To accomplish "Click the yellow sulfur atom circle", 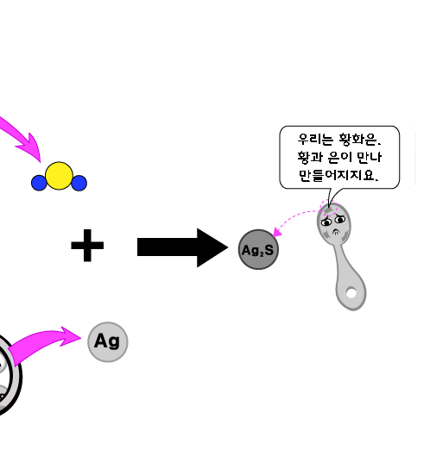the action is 59,176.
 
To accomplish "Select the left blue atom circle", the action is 39,183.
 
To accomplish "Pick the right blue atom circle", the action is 79,183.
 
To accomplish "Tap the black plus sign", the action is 87,245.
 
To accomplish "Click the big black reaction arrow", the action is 182,247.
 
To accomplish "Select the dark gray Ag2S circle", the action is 258,249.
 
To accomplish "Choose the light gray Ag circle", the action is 108,341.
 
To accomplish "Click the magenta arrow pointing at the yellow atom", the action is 22,138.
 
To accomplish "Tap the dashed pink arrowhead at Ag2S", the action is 277,232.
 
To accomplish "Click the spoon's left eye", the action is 326,222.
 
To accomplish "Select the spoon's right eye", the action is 340,219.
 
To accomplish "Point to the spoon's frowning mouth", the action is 337,232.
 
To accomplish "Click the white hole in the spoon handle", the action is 351,293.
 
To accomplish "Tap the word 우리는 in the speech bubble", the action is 316,139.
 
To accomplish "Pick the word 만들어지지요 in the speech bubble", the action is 337,175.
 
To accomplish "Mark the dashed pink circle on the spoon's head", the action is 328,208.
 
